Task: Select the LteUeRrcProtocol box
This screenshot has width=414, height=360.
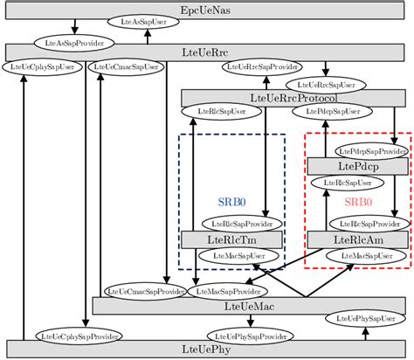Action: (287, 98)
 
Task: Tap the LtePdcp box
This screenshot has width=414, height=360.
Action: (357, 165)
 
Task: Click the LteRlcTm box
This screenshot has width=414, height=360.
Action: (231, 239)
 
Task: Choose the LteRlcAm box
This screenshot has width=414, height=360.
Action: (357, 239)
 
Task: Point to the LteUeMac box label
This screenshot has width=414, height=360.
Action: (248, 281)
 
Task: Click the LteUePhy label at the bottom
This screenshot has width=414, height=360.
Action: (206, 350)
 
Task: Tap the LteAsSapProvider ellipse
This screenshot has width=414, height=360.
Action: (73, 41)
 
